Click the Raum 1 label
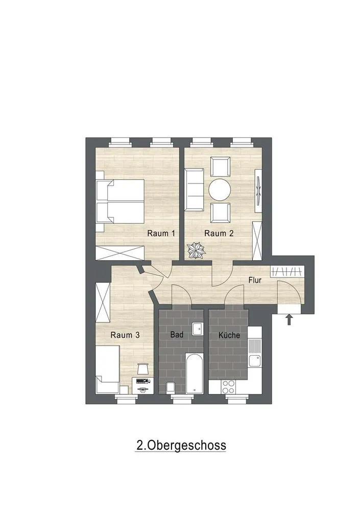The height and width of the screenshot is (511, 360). pyautogui.click(x=161, y=234)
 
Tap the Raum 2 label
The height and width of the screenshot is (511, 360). pyautogui.click(x=219, y=234)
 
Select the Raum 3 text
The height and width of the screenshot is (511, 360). pyautogui.click(x=125, y=335)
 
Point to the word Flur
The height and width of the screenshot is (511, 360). pyautogui.click(x=255, y=280)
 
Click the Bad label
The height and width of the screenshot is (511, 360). pyautogui.click(x=177, y=335)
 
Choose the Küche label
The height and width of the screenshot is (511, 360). pyautogui.click(x=229, y=335)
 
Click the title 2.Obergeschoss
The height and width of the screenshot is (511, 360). pyautogui.click(x=181, y=446)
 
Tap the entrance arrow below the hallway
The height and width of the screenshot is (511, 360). pyautogui.click(x=289, y=319)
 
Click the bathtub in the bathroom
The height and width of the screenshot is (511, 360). pyautogui.click(x=195, y=374)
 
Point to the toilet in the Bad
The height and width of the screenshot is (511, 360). pyautogui.click(x=171, y=388)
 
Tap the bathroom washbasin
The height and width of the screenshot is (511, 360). pyautogui.click(x=197, y=329)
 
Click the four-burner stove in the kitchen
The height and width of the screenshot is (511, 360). pyautogui.click(x=228, y=387)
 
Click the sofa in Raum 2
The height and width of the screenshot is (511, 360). pyautogui.click(x=194, y=190)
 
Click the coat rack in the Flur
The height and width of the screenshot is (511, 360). pyautogui.click(x=287, y=271)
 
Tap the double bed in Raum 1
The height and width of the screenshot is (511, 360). pyautogui.click(x=120, y=201)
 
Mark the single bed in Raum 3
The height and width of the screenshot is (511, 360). pyautogui.click(x=108, y=370)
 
